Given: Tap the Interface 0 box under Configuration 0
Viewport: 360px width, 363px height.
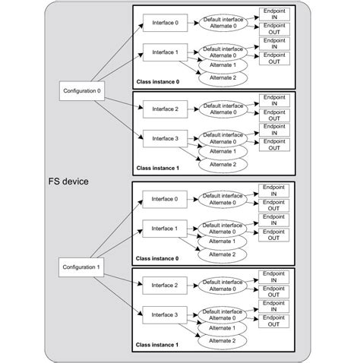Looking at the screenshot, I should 166,23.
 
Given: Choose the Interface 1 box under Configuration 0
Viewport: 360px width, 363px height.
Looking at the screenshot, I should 166,53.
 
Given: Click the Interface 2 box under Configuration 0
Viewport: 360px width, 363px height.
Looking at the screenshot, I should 166,109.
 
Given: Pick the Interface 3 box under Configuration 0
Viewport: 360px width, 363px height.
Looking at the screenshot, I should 166,139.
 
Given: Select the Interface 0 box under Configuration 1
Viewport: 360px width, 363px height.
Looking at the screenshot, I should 166,199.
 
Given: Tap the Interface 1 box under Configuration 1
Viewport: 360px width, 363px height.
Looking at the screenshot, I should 166,229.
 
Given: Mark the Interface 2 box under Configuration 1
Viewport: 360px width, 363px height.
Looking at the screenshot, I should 166,285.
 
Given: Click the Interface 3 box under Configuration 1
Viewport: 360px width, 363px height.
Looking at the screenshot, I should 166,314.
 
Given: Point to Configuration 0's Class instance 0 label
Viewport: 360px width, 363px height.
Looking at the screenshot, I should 158,81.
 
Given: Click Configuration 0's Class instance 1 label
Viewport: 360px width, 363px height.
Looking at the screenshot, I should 158,168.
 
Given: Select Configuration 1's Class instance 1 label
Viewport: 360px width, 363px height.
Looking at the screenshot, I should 158,344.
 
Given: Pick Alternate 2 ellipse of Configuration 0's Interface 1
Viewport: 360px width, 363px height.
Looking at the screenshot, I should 223,77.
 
